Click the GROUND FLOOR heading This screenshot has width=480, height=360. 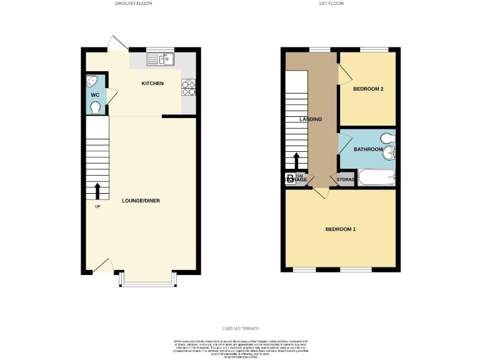133,4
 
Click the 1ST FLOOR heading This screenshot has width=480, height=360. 331,4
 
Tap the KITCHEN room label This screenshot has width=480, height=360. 152,83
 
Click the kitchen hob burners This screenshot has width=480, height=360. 189,88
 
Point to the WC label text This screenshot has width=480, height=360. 95,95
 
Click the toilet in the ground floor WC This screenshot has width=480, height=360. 96,108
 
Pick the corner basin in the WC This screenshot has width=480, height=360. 92,81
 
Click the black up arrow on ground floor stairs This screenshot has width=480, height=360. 97,189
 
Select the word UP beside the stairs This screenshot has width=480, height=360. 97,207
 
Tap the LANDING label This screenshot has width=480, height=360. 311,119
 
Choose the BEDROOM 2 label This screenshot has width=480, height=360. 367,89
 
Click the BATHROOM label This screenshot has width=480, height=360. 368,149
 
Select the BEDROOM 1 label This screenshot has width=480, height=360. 341,229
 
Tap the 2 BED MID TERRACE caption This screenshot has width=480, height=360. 241,329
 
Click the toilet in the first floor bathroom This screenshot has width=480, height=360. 387,138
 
